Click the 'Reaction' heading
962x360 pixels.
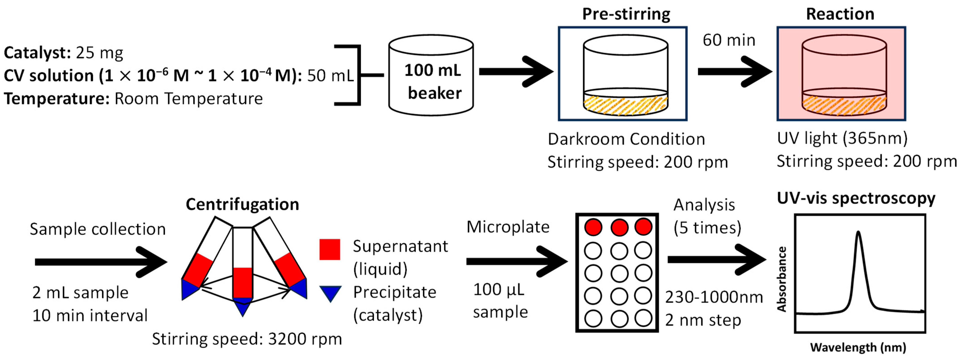click(x=840, y=14)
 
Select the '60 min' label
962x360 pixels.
click(x=729, y=40)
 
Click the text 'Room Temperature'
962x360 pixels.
click(x=188, y=99)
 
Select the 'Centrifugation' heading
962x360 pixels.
click(x=242, y=204)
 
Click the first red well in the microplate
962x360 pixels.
click(x=593, y=227)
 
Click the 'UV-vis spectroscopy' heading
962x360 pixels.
click(x=856, y=198)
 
